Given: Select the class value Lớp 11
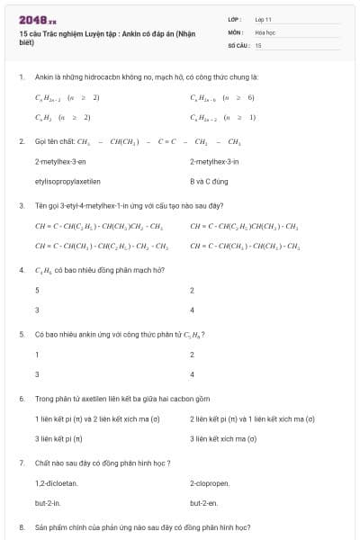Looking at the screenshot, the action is coord(264,19).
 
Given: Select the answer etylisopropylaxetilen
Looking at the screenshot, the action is coord(67,181).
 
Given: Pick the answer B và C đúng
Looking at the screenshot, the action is coord(211,181).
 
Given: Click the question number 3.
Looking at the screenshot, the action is coord(21,205).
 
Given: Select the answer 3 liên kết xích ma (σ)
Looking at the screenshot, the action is coord(223,438).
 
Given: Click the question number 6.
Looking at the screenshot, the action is coord(21,399).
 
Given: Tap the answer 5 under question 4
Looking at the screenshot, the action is coord(37,290).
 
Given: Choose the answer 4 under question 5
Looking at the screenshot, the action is coord(37,373).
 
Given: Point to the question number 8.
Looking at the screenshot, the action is coord(21,527).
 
